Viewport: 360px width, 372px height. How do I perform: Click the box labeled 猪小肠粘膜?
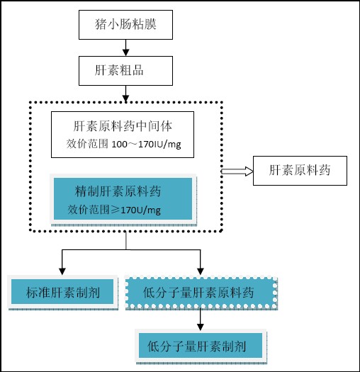tap(125, 25)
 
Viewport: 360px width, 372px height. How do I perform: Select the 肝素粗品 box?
tap(125, 71)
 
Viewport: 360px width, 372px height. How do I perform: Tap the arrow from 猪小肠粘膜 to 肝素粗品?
tap(125, 47)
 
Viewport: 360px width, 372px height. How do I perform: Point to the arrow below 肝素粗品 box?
tap(125, 94)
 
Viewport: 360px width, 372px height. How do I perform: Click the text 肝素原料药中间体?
tap(123, 126)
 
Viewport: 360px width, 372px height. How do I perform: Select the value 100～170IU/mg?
tap(146, 145)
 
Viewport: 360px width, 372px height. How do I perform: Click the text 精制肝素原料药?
tap(118, 191)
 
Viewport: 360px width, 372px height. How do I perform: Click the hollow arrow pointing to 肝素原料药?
tap(237, 171)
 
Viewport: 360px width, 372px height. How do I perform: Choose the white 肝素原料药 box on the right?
tap(300, 171)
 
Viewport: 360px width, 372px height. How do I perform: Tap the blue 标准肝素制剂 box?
tap(62, 292)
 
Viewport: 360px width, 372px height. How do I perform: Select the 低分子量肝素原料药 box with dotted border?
tap(201, 293)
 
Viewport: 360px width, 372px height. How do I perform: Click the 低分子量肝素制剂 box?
tap(201, 346)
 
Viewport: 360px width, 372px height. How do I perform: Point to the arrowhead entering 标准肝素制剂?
tap(62, 271)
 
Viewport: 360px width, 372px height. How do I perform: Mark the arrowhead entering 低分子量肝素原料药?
tap(201, 271)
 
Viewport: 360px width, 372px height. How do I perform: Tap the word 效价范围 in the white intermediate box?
tap(87, 144)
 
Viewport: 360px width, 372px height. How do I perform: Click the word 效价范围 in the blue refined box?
tap(89, 210)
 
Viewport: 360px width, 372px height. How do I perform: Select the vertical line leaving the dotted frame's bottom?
tap(125, 241)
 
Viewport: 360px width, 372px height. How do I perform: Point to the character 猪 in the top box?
tap(101, 25)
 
